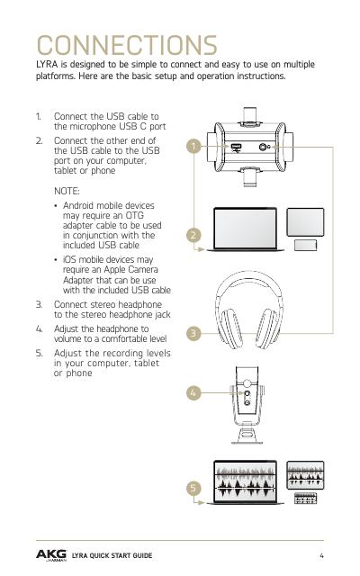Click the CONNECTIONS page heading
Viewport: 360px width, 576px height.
127,45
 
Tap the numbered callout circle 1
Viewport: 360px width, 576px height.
193,146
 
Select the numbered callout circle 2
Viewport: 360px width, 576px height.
193,235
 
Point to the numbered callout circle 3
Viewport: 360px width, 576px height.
193,334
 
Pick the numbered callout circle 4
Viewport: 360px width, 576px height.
193,392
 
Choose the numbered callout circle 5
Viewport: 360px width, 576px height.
193,488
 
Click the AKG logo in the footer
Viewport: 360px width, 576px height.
51,555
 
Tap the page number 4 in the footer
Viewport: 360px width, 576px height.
321,555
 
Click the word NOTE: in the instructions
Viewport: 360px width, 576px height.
67,192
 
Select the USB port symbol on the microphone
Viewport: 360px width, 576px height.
236,148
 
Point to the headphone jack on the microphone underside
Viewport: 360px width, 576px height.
263,147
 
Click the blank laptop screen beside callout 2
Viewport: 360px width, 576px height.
245,228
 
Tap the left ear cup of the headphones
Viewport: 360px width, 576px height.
229,328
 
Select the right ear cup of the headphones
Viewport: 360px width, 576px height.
268,328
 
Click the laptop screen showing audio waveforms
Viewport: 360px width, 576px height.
245,481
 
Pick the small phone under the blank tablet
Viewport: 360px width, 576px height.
305,245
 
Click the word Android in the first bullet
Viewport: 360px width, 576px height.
79,206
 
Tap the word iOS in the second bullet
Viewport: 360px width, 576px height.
69,260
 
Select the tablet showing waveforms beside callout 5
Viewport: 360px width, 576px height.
305,475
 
